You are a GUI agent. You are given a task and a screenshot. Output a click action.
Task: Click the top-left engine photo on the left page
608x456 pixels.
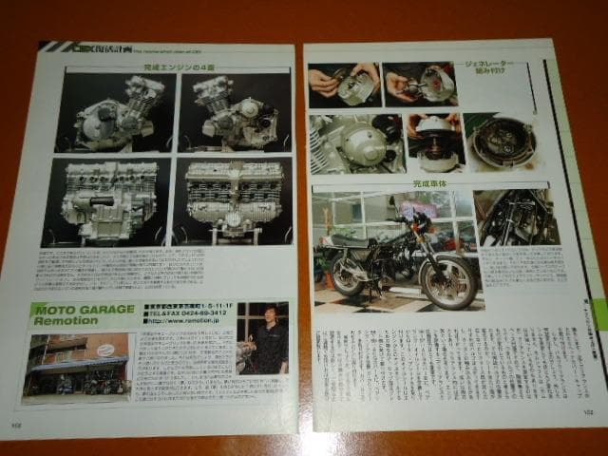pyautogui.click(x=116, y=112)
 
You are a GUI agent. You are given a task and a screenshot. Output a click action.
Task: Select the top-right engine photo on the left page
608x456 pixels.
pyautogui.click(x=234, y=111)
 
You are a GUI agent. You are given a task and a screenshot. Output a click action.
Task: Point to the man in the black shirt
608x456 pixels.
pyautogui.click(x=267, y=343)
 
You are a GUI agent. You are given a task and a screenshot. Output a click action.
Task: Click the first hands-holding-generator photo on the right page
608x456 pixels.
pyautogui.click(x=344, y=85)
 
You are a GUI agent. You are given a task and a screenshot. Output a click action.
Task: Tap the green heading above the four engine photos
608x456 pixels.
pyautogui.click(x=172, y=68)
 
